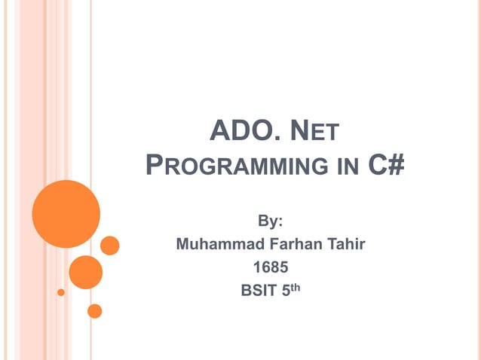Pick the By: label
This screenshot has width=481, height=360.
pyautogui.click(x=271, y=222)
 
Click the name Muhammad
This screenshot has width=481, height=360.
pyautogui.click(x=215, y=244)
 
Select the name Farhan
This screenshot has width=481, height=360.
pyautogui.click(x=290, y=244)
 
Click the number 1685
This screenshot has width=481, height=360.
pyautogui.click(x=271, y=266)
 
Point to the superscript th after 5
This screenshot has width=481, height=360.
pyautogui.click(x=296, y=285)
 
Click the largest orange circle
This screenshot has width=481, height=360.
pyautogui.click(x=66, y=214)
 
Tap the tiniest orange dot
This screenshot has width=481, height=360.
pyautogui.click(x=61, y=292)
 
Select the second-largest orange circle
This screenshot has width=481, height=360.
pyautogui.click(x=86, y=272)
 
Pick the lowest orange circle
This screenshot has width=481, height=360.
pyautogui.click(x=95, y=310)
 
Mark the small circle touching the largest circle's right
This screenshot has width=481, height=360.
pyautogui.click(x=110, y=246)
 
